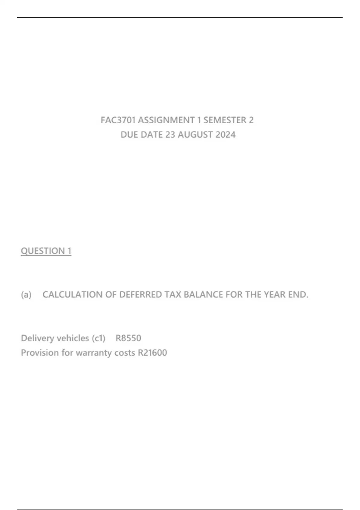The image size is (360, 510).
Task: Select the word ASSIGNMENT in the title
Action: [x=166, y=120]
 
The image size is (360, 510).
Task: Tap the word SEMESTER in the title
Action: [x=225, y=120]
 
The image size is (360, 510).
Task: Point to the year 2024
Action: [x=225, y=135]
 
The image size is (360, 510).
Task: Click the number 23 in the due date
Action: [x=170, y=135]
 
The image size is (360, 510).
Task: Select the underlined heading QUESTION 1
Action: [x=46, y=251]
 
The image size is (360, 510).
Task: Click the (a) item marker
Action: [x=26, y=295]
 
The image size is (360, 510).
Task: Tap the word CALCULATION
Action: [x=72, y=295]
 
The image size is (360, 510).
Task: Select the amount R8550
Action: [x=128, y=338]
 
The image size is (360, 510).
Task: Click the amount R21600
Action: [x=152, y=353]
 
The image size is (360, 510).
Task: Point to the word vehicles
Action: [x=73, y=338]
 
